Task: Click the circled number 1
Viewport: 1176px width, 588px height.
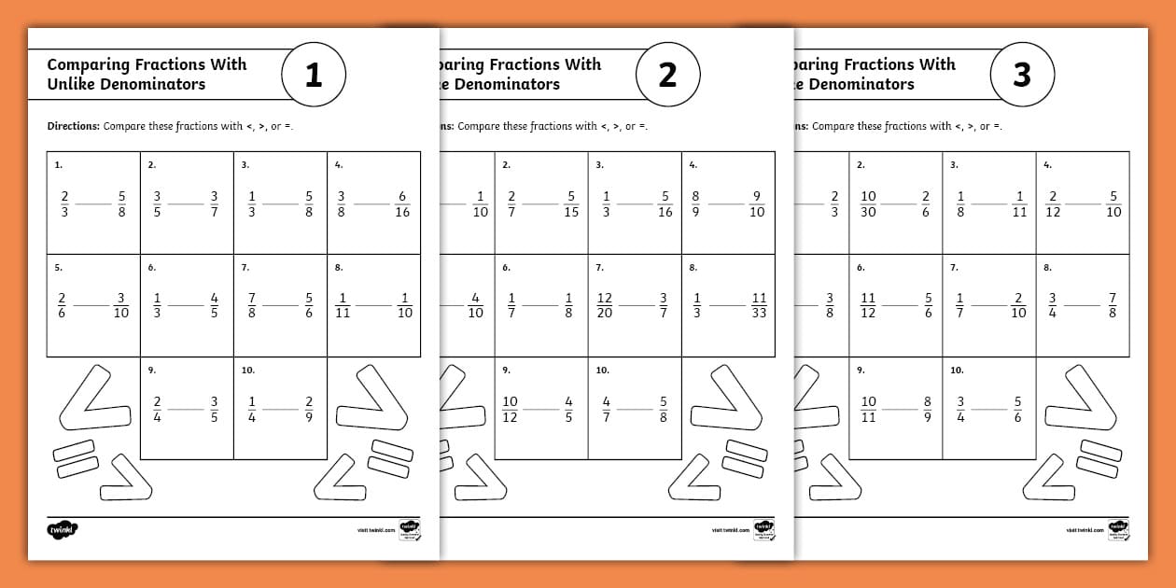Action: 314,75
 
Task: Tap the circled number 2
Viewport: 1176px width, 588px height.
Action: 667,75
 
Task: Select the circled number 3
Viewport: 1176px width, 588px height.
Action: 1022,75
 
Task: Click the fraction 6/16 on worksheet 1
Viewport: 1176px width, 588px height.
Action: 402,203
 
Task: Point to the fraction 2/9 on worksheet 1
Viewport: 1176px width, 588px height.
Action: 309,409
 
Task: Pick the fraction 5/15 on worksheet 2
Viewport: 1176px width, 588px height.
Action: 571,203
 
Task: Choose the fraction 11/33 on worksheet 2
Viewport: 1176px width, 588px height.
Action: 758,305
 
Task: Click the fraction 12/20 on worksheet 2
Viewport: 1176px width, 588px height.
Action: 605,305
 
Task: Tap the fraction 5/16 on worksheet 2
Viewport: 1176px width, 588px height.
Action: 665,203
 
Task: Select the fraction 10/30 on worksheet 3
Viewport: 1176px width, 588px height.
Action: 868,203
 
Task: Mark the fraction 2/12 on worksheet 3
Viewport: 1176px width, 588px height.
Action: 1053,203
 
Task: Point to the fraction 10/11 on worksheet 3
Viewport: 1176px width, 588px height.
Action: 868,409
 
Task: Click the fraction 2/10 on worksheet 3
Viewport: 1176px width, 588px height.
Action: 1018,305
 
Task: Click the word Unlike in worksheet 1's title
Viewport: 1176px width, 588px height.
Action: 71,84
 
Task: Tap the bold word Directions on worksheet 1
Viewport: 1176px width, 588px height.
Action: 73,126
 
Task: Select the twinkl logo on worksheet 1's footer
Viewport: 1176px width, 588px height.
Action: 62,529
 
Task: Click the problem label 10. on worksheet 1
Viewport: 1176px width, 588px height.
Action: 247,371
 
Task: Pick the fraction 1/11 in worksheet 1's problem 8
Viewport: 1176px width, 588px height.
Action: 343,305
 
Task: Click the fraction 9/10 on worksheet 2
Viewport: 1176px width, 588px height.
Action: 757,203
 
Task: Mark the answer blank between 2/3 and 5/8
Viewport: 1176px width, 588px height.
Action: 93,203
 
